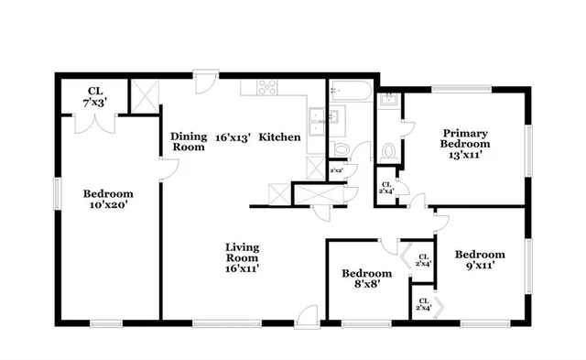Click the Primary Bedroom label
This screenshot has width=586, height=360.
click(464, 144)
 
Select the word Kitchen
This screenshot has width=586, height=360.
click(279, 137)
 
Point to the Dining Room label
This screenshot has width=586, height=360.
click(188, 141)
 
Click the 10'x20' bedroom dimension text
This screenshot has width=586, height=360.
click(108, 206)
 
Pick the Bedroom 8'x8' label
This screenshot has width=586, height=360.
click(366, 279)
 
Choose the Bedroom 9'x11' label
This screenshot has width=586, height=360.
click(480, 260)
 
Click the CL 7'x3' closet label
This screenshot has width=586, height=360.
click(95, 97)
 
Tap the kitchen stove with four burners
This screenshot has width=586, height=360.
click(267, 89)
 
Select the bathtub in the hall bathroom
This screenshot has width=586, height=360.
click(350, 93)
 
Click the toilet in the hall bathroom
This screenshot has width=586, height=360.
click(342, 150)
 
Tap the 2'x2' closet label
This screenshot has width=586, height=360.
click(336, 170)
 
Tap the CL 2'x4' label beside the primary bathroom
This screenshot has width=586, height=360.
click(386, 188)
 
